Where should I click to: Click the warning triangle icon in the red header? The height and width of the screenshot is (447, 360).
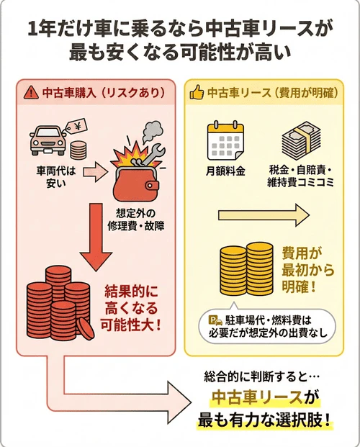click(31, 93)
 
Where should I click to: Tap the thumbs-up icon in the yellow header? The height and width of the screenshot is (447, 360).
click(195, 93)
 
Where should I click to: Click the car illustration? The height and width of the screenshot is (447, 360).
click(48, 137)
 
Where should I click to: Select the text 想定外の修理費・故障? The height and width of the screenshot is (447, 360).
click(138, 219)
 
